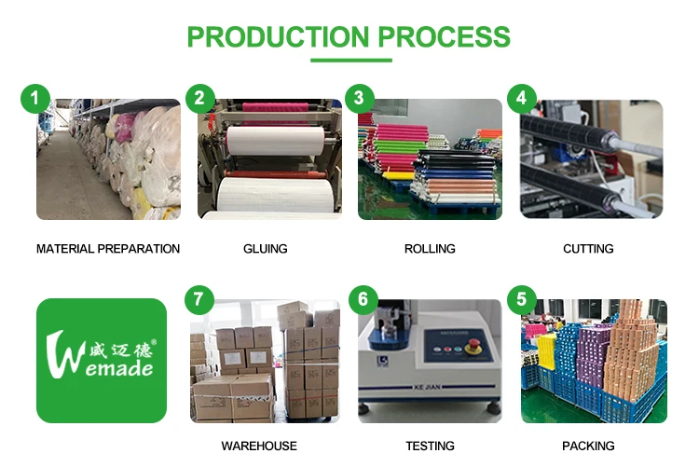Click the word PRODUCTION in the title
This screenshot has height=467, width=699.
tap(278, 36)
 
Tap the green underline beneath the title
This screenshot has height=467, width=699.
tap(350, 61)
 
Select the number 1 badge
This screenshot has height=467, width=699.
tap(35, 97)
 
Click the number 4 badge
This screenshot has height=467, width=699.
tap(521, 98)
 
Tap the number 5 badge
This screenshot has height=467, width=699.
tap(521, 299)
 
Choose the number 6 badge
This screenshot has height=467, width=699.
tap(361, 300)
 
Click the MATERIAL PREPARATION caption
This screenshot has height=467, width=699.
tap(108, 249)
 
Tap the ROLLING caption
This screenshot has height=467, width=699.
tap(430, 249)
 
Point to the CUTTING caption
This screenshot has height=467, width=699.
tap(588, 249)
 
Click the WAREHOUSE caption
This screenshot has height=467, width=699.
tap(259, 446)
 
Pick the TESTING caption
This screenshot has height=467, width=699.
tap(430, 446)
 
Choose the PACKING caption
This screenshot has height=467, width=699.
tap(588, 446)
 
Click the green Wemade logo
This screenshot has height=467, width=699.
tap(102, 361)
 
